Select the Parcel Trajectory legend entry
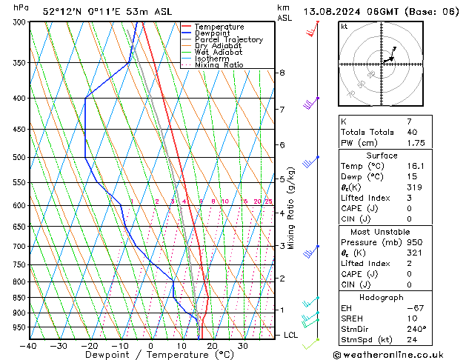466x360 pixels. tap(228, 40)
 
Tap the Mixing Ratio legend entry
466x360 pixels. tap(219, 65)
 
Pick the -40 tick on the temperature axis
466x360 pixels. tap(29, 346)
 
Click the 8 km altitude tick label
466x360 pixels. tap(282, 73)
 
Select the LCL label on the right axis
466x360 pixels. tap(291, 335)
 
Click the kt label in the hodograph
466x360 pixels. tap(344, 27)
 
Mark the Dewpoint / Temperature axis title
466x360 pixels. tap(150, 356)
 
